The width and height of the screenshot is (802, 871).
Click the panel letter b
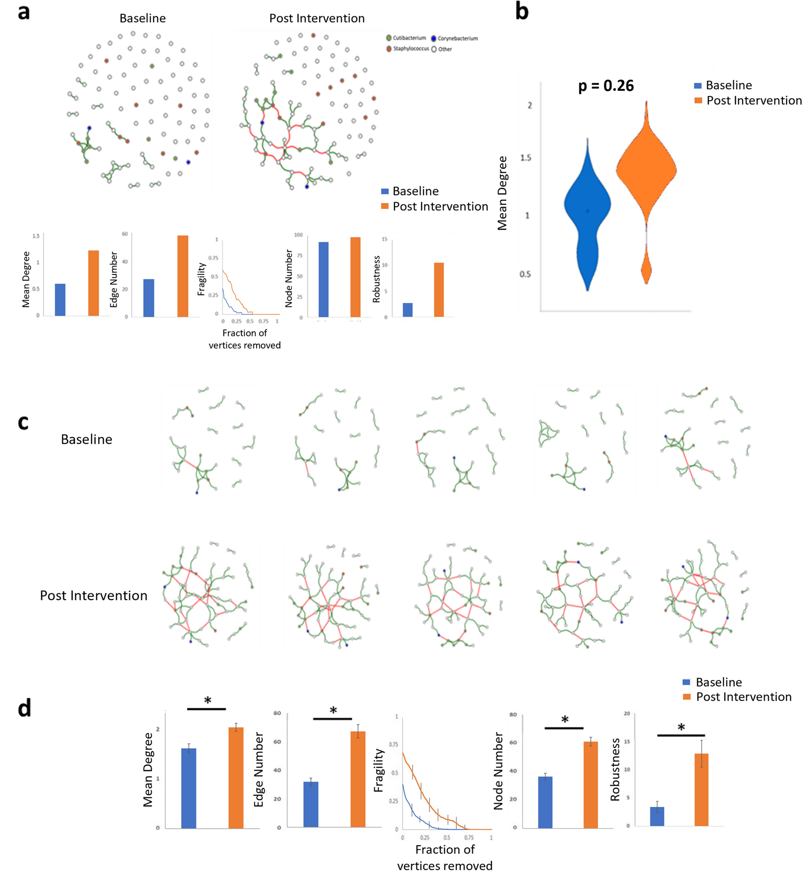522,12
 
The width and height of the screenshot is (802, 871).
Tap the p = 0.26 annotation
606,85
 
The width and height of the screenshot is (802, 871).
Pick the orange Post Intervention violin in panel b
646,172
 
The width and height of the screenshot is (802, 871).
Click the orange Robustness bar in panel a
439,289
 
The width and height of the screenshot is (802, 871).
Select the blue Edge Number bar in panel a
148,298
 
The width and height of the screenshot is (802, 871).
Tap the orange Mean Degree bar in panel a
94,283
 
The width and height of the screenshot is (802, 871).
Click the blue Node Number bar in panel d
545,802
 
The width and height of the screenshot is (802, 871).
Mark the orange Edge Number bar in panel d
358,780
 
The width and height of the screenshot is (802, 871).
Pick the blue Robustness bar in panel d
657,816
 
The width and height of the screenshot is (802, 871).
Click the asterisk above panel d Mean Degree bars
208,701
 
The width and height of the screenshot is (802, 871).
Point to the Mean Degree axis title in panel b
502,193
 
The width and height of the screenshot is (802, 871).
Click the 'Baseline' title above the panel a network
142,19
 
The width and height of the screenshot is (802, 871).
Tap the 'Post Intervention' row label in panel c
94,596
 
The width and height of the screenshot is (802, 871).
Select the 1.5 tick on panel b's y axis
525,158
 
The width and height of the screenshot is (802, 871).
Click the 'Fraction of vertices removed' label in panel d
445,857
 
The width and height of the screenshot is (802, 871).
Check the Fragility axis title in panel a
202,279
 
